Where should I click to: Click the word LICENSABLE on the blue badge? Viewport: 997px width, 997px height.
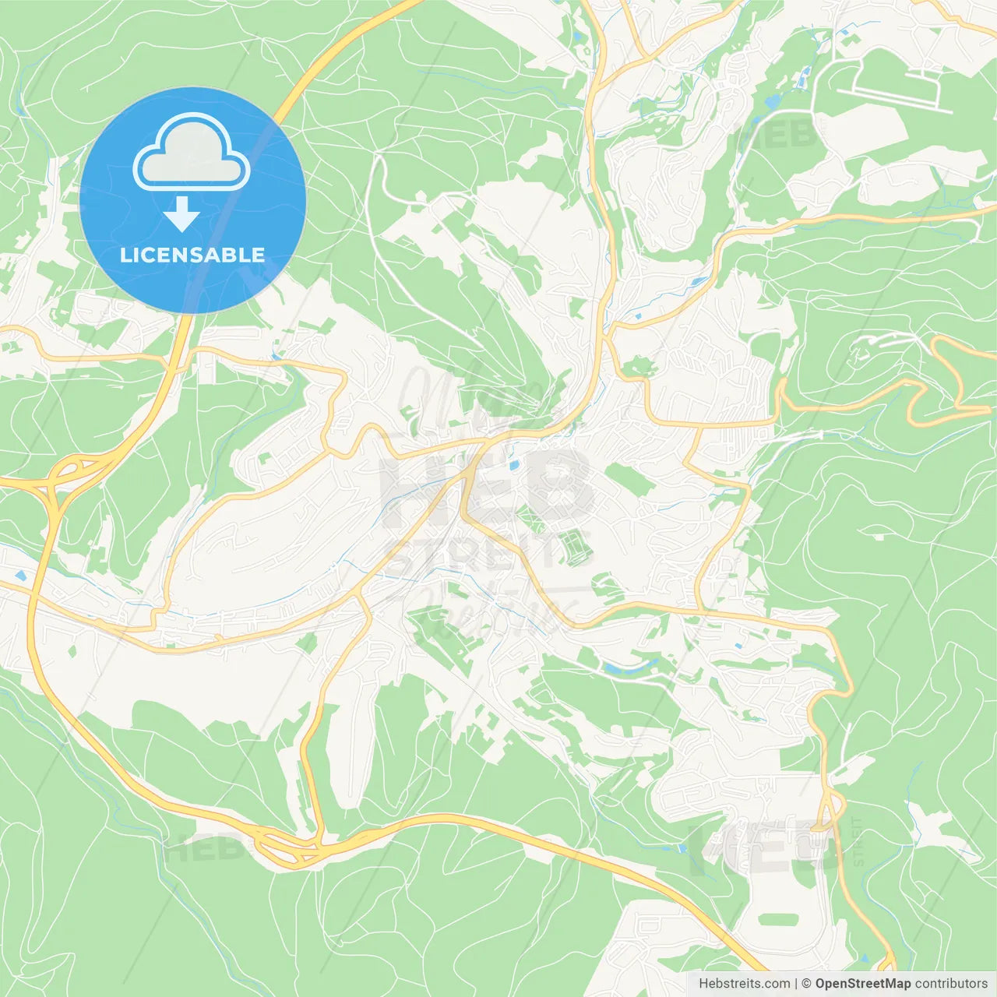(192, 255)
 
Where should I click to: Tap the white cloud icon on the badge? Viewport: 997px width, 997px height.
(192, 153)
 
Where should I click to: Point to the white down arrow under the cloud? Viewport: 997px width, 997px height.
(181, 214)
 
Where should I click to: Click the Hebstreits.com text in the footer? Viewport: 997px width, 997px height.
(744, 984)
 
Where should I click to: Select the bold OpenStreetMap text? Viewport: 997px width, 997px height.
(862, 984)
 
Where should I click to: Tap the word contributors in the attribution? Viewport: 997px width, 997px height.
(951, 984)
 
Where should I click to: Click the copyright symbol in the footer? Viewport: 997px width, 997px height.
(806, 984)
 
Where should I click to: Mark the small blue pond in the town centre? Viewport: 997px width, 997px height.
(513, 465)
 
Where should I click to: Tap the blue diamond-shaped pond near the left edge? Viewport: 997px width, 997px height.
(20, 576)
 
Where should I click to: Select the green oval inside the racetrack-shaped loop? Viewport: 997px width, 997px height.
(779, 919)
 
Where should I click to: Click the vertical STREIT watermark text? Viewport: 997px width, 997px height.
(858, 841)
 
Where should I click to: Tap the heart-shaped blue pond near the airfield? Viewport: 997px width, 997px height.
(772, 102)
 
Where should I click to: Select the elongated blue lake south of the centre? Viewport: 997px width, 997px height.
(623, 668)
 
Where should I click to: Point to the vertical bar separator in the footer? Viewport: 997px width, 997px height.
(796, 984)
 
